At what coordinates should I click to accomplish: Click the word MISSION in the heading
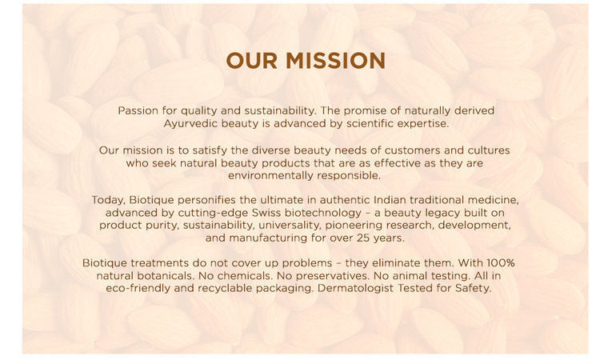click(x=335, y=61)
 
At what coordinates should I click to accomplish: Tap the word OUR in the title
click(x=252, y=61)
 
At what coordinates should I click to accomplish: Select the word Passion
click(x=138, y=110)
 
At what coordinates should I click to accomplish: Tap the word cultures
click(x=489, y=150)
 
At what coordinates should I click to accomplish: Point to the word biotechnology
click(x=323, y=213)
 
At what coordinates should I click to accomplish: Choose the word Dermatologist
click(x=355, y=289)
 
